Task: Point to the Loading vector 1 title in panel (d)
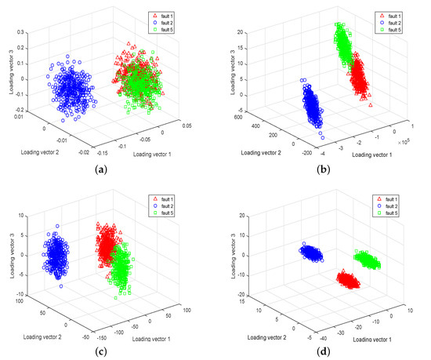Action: (x=361, y=339)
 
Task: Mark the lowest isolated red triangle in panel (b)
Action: (x=371, y=105)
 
